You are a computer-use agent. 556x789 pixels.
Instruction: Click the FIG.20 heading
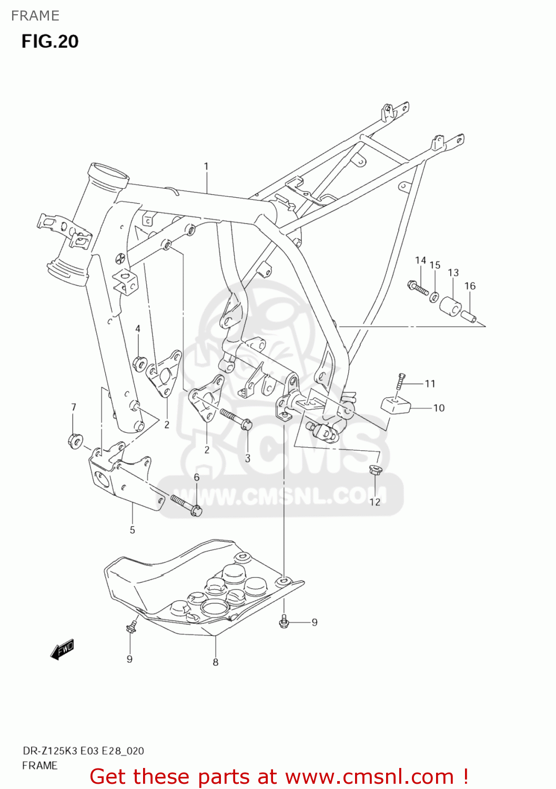(x=50, y=42)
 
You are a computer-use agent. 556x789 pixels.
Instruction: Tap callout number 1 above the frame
(x=206, y=166)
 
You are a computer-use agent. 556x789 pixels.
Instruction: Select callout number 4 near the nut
(x=138, y=329)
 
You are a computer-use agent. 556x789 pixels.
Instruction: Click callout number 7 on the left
(x=74, y=407)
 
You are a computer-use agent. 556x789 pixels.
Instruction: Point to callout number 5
(x=133, y=530)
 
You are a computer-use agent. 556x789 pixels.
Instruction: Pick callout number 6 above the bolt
(x=197, y=477)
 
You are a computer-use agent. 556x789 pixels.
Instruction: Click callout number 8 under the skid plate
(x=216, y=662)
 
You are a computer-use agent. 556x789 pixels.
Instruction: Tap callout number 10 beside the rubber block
(x=439, y=408)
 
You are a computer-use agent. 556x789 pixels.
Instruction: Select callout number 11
(x=430, y=383)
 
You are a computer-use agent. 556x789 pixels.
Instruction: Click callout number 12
(x=375, y=502)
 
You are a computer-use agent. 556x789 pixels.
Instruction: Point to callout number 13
(x=453, y=272)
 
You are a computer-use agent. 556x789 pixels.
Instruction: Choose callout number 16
(x=470, y=286)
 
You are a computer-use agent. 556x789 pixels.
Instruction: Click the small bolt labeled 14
(x=418, y=287)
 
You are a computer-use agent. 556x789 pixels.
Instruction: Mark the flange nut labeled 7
(x=74, y=440)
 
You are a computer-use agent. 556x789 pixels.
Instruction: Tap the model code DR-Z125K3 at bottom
(x=51, y=751)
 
